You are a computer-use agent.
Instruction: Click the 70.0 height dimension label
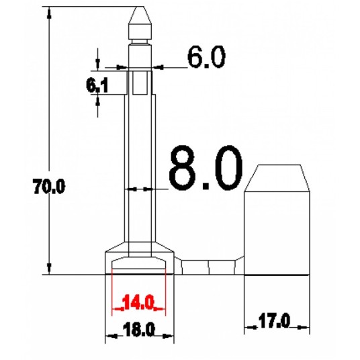(x=49, y=186)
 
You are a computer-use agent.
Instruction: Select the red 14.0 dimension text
(x=138, y=303)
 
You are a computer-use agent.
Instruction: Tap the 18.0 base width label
(x=139, y=330)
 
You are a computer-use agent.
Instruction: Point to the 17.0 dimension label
(x=274, y=321)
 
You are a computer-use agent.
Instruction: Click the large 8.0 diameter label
(x=206, y=168)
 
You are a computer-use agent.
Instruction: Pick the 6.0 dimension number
(x=206, y=56)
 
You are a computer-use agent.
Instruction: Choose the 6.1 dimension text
(x=97, y=85)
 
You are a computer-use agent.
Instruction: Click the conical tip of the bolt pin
(x=140, y=15)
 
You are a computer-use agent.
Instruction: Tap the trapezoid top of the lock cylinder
(x=277, y=178)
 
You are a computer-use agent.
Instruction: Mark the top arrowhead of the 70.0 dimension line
(x=49, y=13)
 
